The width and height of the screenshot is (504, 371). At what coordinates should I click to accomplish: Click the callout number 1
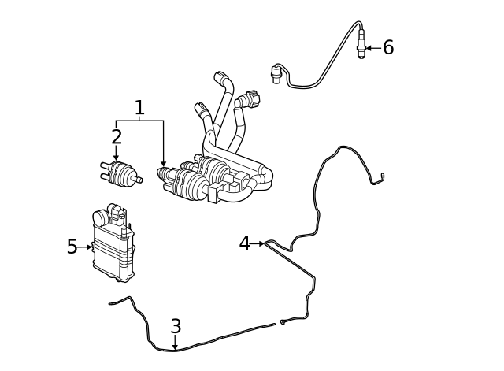(139, 108)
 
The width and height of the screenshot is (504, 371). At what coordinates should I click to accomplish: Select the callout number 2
(117, 136)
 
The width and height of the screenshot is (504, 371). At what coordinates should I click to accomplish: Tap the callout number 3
(176, 326)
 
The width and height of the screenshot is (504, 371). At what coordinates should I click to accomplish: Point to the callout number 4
(245, 243)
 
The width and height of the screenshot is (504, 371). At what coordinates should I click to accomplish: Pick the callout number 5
(72, 247)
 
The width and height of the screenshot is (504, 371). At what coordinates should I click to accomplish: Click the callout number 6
(388, 47)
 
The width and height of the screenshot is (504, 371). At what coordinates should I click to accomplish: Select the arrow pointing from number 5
(85, 247)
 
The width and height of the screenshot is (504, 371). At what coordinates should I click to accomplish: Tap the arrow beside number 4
(258, 243)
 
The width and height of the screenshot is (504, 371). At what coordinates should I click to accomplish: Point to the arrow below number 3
(175, 342)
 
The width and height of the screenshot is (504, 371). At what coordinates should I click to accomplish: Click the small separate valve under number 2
(121, 173)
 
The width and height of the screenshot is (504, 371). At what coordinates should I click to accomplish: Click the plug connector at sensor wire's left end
(276, 73)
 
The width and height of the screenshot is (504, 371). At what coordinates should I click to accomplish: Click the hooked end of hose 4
(383, 176)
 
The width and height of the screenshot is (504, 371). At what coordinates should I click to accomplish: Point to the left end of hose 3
(111, 303)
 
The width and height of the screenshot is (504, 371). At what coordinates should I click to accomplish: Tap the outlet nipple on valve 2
(139, 180)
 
